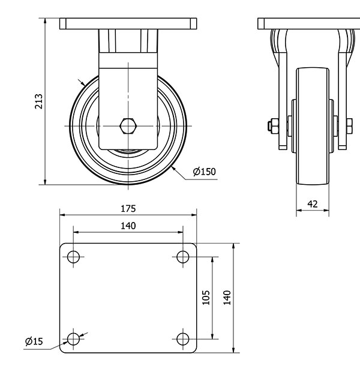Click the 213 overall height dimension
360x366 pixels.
pyautogui.click(x=38, y=101)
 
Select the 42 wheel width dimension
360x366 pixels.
pyautogui.click(x=313, y=204)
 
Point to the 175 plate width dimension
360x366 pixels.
pyautogui.click(x=128, y=209)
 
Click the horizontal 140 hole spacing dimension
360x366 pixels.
pyautogui.click(x=128, y=226)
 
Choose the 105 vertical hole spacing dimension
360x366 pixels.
pyautogui.click(x=206, y=298)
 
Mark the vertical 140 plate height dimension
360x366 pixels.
pyautogui.click(x=227, y=298)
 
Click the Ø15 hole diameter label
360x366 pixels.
pyautogui.click(x=34, y=342)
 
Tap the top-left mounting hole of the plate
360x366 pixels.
pyautogui.click(x=73, y=257)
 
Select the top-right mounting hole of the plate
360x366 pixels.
pyautogui.click(x=183, y=257)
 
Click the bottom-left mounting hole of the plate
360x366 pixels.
pyautogui.click(x=73, y=339)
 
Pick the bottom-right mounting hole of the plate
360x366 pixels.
pyautogui.click(x=183, y=339)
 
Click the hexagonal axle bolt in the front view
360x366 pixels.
pyautogui.click(x=128, y=126)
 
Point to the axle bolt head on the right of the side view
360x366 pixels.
pyautogui.click(x=349, y=126)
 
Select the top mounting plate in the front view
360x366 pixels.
pyautogui.click(x=128, y=24)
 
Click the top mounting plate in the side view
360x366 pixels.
pyautogui.click(x=309, y=24)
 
